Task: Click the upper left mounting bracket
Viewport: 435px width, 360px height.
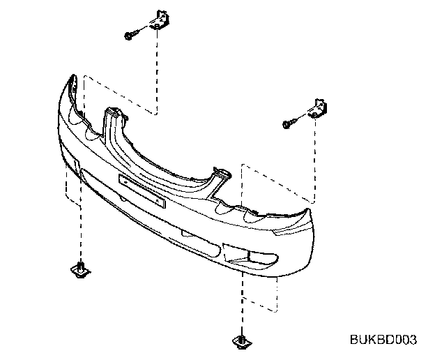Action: [161, 20]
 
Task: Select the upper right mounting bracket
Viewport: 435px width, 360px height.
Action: [319, 108]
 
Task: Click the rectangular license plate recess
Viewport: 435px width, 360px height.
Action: [142, 190]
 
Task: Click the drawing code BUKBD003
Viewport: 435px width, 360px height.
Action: [383, 340]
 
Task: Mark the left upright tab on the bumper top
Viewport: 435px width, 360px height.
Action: [112, 116]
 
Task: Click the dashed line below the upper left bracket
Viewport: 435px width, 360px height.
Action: [158, 70]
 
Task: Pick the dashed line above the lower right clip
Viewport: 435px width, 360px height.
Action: [241, 300]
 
